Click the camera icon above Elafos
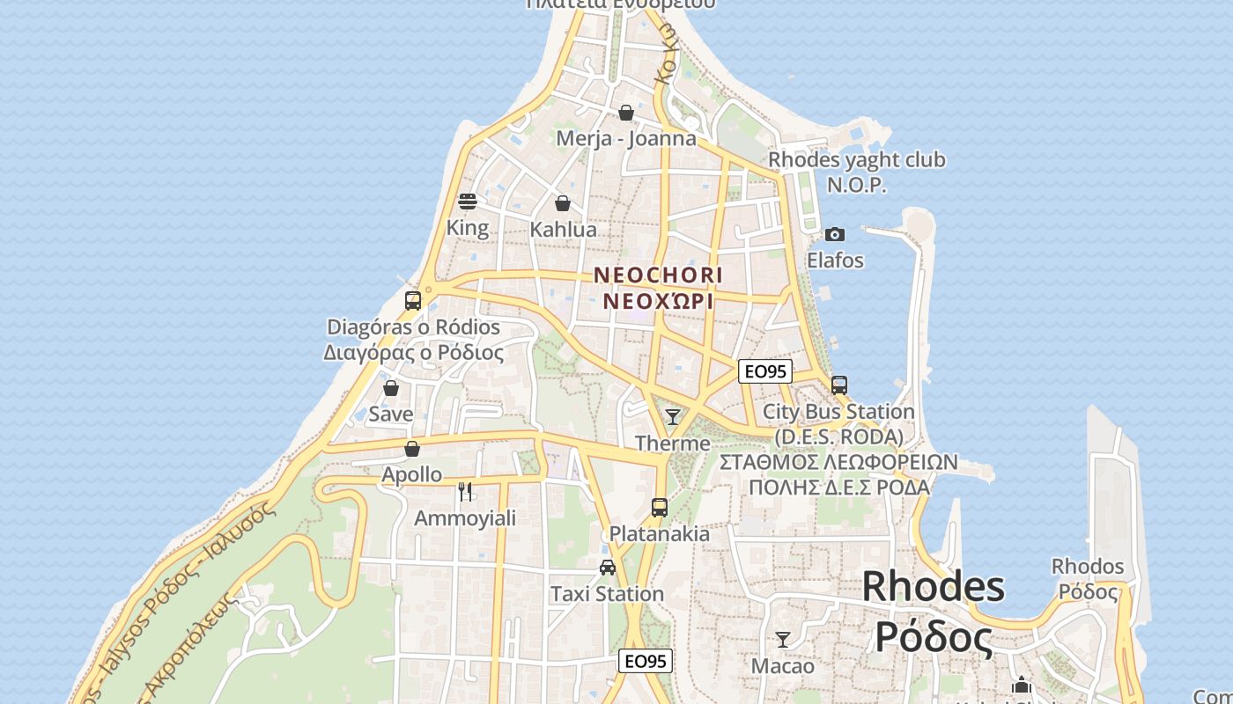(x=834, y=234)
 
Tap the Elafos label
(x=835, y=260)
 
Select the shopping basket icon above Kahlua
(x=563, y=203)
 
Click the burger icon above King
(x=468, y=202)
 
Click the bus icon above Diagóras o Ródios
(x=413, y=301)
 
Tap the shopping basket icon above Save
(x=391, y=388)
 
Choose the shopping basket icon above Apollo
(x=412, y=449)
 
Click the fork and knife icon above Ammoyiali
(x=465, y=491)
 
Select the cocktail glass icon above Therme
(x=673, y=416)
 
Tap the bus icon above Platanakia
(x=659, y=507)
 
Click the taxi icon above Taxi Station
(x=608, y=568)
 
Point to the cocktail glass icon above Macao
(x=782, y=640)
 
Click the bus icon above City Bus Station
(x=838, y=385)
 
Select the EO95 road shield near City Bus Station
(x=764, y=371)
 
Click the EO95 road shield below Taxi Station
(x=646, y=661)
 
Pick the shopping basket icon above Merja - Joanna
(x=626, y=113)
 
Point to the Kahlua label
(x=563, y=230)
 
